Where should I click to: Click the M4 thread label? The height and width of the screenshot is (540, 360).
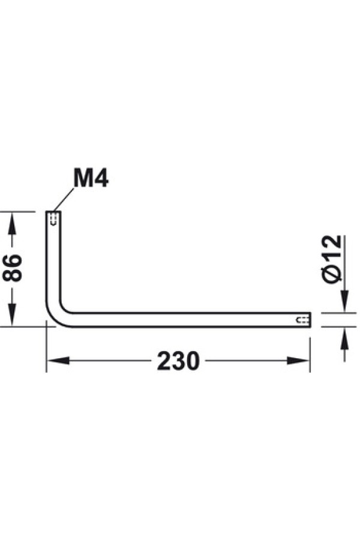pos(91,178)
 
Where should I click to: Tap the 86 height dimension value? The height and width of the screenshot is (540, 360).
pos(13,268)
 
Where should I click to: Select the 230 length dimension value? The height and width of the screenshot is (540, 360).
pos(178,361)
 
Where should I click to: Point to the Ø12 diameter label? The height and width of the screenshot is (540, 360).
pos(332,259)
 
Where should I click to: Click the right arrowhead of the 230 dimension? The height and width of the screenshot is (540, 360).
pos(298,361)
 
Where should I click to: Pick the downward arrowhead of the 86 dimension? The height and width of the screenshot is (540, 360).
pos(12,314)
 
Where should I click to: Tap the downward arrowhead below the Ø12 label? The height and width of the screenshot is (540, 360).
pos(344,301)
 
